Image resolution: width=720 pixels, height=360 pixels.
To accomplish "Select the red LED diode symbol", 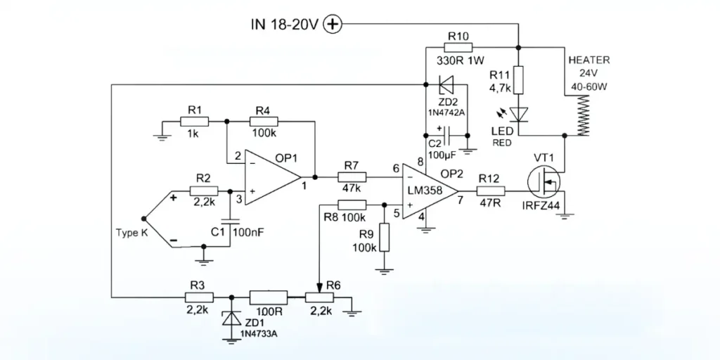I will click(x=518, y=113).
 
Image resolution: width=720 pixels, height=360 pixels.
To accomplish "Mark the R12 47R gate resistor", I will click(x=487, y=191).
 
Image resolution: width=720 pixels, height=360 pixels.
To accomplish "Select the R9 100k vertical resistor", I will click(x=384, y=238).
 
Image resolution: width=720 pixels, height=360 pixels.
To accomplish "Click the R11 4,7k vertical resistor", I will click(x=518, y=79).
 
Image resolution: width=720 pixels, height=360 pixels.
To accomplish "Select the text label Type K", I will click(x=131, y=233).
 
